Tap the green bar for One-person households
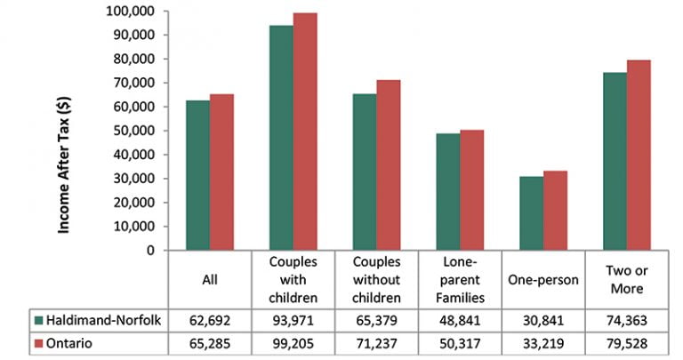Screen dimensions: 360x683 coord(531,213)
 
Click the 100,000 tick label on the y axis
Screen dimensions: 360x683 coord(130,11)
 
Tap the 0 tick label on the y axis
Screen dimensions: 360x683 coord(150,251)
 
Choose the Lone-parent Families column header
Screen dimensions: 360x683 coord(460,279)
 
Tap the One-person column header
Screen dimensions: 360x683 coord(543,279)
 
